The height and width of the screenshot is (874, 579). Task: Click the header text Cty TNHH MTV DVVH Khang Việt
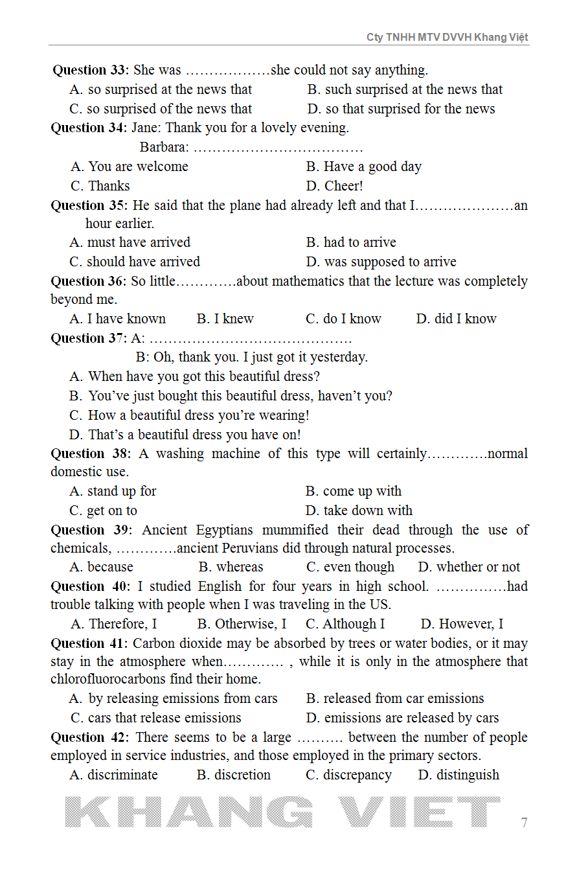pyautogui.click(x=447, y=37)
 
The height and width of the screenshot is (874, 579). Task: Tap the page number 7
pyautogui.click(x=524, y=823)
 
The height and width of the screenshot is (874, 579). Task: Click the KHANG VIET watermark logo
pyautogui.click(x=283, y=812)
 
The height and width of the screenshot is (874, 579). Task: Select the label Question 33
pyautogui.click(x=90, y=70)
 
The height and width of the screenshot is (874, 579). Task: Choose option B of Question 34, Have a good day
pyautogui.click(x=364, y=167)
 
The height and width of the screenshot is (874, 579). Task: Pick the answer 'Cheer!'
pyautogui.click(x=335, y=186)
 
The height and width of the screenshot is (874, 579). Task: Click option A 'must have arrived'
pyautogui.click(x=130, y=242)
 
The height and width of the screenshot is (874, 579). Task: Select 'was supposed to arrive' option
pyautogui.click(x=381, y=262)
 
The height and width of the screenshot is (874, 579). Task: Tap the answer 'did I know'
pyautogui.click(x=457, y=319)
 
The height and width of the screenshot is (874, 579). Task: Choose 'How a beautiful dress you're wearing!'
pyautogui.click(x=190, y=415)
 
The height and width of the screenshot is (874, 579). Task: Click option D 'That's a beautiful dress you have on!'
pyautogui.click(x=185, y=435)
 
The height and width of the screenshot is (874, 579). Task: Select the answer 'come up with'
pyautogui.click(x=354, y=491)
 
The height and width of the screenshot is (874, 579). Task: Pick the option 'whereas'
pyautogui.click(x=231, y=567)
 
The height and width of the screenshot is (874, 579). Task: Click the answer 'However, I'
pyautogui.click(x=462, y=624)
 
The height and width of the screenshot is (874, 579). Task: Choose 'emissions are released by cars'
pyautogui.click(x=402, y=718)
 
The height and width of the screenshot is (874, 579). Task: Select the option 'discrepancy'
pyautogui.click(x=349, y=775)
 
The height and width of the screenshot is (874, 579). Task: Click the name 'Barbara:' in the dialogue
pyautogui.click(x=165, y=148)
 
